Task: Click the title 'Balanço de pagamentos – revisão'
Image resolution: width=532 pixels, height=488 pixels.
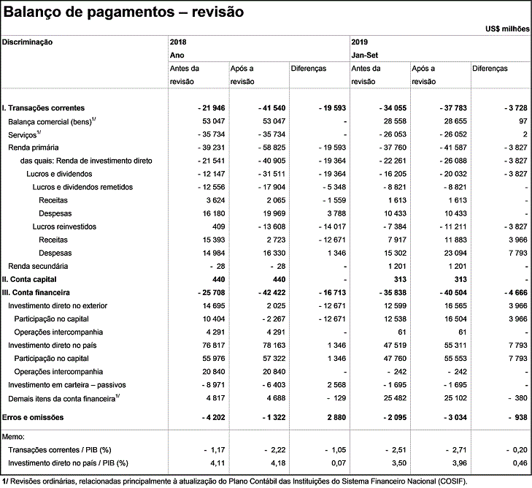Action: (123, 12)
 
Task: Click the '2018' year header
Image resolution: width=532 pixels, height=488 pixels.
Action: (179, 42)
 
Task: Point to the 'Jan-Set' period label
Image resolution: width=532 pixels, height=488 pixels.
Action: (366, 55)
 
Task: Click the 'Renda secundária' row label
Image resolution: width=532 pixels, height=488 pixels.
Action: (37, 266)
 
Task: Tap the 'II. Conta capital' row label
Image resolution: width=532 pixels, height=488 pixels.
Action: (29, 279)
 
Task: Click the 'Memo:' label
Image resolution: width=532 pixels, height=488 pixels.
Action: (14, 436)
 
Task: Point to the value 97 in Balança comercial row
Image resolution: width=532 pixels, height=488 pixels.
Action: (522, 121)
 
